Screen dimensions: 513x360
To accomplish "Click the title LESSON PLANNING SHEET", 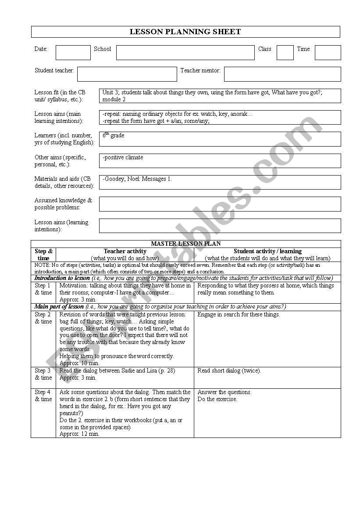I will pyautogui.click(x=185, y=32).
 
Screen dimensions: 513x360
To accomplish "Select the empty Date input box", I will pyautogui.click(x=73, y=52).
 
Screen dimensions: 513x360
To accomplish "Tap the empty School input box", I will pyautogui.click(x=185, y=52).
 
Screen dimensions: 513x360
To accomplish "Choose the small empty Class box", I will pyautogui.click(x=285, y=52).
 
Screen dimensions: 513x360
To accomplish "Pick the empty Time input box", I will pyautogui.click(x=328, y=52).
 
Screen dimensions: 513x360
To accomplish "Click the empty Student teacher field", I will pyautogui.click(x=127, y=74).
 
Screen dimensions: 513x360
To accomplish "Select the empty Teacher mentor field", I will pyautogui.click(x=282, y=74).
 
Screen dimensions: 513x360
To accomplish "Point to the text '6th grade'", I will pyautogui.click(x=114, y=136).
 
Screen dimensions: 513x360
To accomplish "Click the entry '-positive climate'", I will pyautogui.click(x=123, y=158).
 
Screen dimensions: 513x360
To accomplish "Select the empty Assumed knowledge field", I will pyautogui.click(x=220, y=204).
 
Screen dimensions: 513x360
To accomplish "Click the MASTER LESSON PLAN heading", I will pyautogui.click(x=185, y=244).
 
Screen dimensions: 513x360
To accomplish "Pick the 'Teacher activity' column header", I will pyautogui.click(x=125, y=251).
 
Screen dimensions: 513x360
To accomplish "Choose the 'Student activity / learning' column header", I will pyautogui.click(x=267, y=251).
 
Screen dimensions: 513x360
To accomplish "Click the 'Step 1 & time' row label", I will pyautogui.click(x=43, y=289).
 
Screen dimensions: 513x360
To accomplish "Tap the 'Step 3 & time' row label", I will pyautogui.click(x=43, y=374).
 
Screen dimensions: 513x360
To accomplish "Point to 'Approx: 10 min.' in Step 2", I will pyautogui.click(x=79, y=363).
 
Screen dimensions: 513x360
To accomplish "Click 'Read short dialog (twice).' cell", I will pyautogui.click(x=229, y=371).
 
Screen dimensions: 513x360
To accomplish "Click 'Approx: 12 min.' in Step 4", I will pyautogui.click(x=79, y=434).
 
